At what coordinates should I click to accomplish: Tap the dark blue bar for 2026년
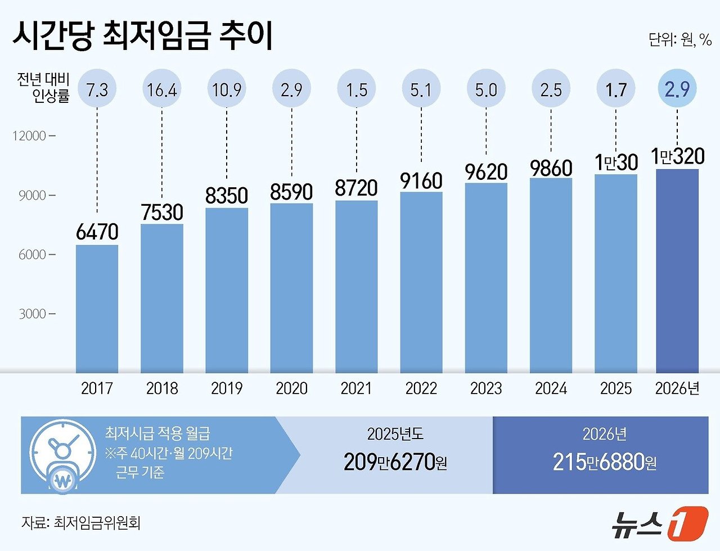[x=677, y=270]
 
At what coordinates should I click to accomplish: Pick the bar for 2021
[x=357, y=286]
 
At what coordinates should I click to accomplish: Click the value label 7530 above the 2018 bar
[x=162, y=212]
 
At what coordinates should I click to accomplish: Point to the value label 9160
[x=421, y=180]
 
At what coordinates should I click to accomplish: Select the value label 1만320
[x=677, y=156]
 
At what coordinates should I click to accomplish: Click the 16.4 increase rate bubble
[x=162, y=89]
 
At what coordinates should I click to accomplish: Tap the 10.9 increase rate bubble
[x=227, y=89]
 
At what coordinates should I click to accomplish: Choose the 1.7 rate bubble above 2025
[x=616, y=89]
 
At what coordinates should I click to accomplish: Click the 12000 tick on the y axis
[x=32, y=136]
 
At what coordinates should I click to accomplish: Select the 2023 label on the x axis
[x=486, y=389]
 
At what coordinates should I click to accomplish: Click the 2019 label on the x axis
[x=227, y=389]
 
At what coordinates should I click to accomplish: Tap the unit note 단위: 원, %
[x=679, y=40]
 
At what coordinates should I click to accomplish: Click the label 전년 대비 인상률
[x=43, y=88]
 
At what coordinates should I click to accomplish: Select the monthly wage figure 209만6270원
[x=395, y=462]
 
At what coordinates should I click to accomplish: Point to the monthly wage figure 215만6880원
[x=604, y=462]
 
